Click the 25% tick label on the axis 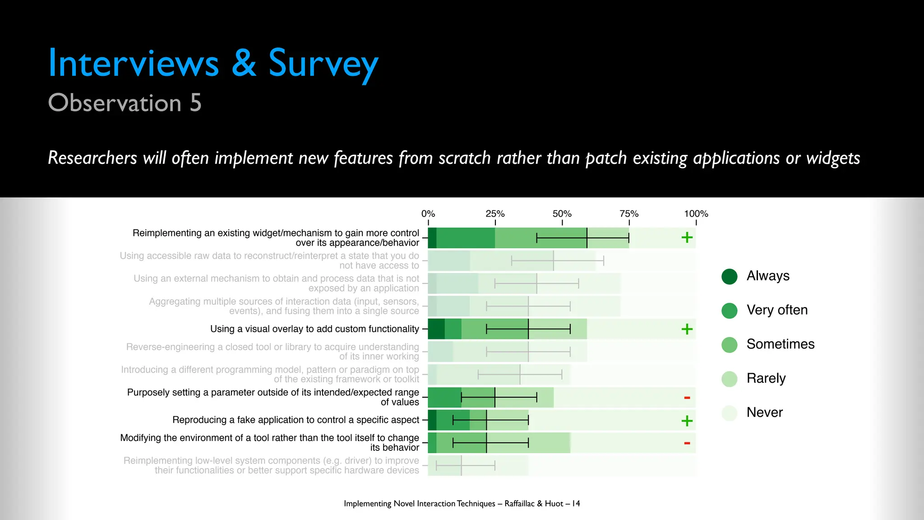click(x=495, y=214)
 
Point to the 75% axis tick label click(x=629, y=214)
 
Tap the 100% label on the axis click(x=696, y=214)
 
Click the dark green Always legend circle click(x=729, y=276)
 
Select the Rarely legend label click(x=766, y=378)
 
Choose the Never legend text click(x=764, y=412)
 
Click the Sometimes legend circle click(x=729, y=345)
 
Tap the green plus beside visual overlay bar click(x=687, y=329)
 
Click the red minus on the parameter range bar click(x=687, y=398)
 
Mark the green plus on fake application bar click(x=687, y=421)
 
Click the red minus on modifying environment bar click(x=687, y=443)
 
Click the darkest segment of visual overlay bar click(x=436, y=329)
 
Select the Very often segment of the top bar click(x=465, y=238)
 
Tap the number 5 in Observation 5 click(x=195, y=103)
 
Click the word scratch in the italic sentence click(x=464, y=158)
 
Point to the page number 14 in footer click(x=576, y=503)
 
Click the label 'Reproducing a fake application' click(x=296, y=420)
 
